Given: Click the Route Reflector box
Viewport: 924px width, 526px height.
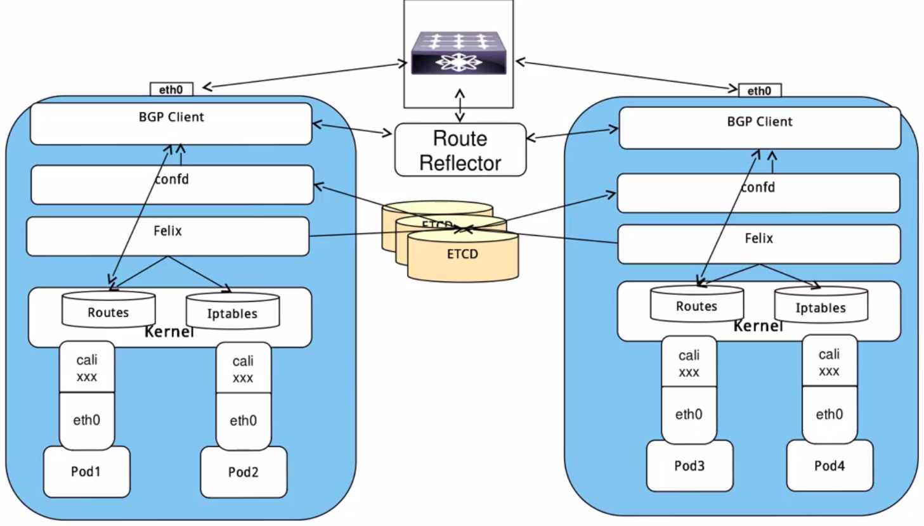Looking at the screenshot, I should (x=460, y=150).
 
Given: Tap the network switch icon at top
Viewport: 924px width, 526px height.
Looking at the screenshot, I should (x=459, y=53).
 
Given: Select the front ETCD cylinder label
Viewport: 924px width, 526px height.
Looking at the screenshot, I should (x=462, y=254).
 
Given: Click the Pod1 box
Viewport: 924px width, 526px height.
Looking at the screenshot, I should (x=86, y=471).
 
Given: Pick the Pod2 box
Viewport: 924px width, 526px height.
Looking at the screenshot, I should (x=244, y=472).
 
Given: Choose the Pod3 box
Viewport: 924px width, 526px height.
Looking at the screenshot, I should (x=689, y=466).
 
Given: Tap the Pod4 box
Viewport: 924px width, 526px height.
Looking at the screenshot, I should (x=830, y=466).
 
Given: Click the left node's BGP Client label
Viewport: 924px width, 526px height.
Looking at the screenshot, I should (x=171, y=117).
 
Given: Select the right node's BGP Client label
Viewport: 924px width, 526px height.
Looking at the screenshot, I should (x=759, y=122).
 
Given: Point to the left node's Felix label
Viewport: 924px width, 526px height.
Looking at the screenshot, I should (x=167, y=231).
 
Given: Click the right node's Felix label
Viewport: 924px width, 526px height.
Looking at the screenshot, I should (x=758, y=239).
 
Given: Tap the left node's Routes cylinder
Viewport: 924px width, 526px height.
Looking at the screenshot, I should (x=108, y=310).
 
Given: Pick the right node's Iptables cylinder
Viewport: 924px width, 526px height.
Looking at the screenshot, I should (x=821, y=305).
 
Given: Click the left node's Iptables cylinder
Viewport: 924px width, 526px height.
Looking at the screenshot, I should (x=232, y=311).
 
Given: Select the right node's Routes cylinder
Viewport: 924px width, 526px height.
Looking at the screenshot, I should (x=696, y=304).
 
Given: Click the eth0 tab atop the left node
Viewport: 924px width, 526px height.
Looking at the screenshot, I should (x=171, y=89).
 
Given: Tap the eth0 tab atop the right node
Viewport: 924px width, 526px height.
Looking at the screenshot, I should (x=759, y=91).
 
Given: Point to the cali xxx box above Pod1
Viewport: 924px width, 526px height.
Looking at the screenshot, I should (x=87, y=368).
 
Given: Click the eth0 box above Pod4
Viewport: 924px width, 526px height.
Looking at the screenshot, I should (x=830, y=414).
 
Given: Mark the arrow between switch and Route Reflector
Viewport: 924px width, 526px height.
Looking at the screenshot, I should (x=460, y=105).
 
